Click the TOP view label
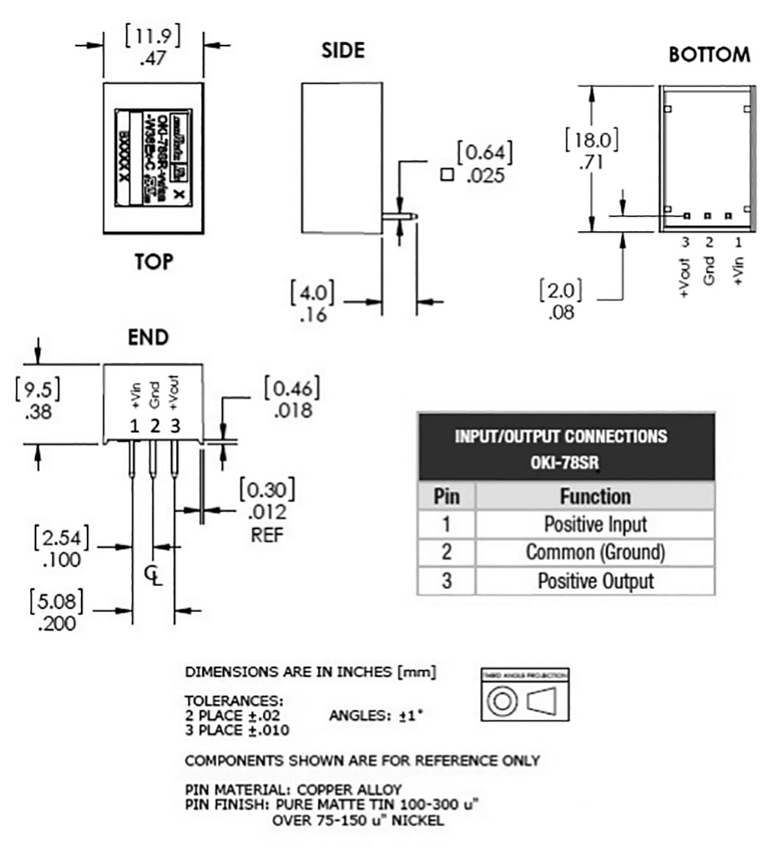click(x=153, y=261)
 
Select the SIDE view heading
click(x=343, y=50)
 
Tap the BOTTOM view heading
click(x=709, y=54)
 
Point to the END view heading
click(x=148, y=337)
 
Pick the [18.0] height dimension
click(x=591, y=140)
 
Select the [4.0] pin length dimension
click(x=312, y=292)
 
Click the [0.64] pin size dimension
click(x=484, y=153)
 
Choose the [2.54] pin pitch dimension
click(x=61, y=538)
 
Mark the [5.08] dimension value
click(x=56, y=602)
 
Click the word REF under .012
click(x=267, y=535)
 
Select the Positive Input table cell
click(x=594, y=524)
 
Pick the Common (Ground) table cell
click(x=594, y=552)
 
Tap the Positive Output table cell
click(x=594, y=580)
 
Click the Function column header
click(x=594, y=496)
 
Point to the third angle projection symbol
click(x=525, y=696)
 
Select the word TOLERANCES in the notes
click(x=234, y=700)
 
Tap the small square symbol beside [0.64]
click(x=446, y=175)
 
